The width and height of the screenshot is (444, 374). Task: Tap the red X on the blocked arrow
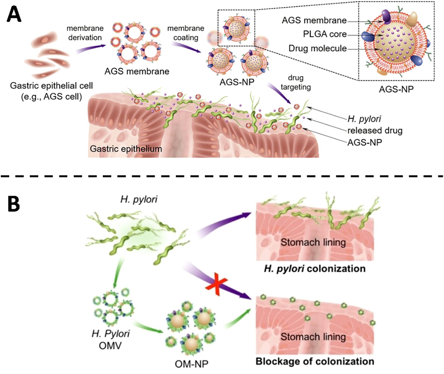216,286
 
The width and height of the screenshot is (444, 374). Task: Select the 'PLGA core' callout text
325,34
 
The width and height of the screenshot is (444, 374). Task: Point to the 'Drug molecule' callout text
317,49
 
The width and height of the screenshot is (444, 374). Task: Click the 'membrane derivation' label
85,33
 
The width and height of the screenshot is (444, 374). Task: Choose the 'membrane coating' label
185,33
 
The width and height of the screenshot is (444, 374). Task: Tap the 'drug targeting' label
296,82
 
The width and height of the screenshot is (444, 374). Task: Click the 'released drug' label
375,131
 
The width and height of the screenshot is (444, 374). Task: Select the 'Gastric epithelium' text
126,149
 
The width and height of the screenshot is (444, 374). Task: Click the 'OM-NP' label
191,364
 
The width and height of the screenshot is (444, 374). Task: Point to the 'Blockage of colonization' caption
315,361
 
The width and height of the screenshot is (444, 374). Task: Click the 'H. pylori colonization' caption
315,269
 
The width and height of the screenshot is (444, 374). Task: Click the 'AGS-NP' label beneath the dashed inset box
396,89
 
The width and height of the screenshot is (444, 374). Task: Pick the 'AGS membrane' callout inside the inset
314,20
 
